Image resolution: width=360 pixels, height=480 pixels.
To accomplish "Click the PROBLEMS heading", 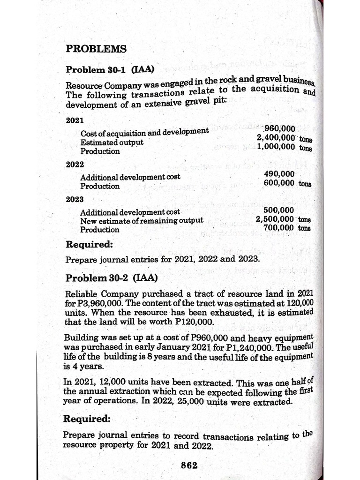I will click(x=96, y=49).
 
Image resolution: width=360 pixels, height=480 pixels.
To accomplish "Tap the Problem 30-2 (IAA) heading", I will click(x=112, y=278).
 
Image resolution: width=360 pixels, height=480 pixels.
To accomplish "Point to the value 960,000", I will click(x=280, y=129).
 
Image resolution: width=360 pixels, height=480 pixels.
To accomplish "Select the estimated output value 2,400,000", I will click(x=276, y=138).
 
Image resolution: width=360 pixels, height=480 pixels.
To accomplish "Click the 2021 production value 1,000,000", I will click(x=276, y=147).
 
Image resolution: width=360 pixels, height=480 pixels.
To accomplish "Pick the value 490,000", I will click(x=279, y=174).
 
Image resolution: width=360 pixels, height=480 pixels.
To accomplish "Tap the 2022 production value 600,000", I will click(x=280, y=183).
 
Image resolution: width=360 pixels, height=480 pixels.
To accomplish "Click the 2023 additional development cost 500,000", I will click(x=279, y=210).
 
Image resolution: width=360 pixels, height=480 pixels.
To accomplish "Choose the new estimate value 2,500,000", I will click(x=276, y=219).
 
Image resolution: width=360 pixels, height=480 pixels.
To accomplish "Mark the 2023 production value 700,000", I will click(x=279, y=228).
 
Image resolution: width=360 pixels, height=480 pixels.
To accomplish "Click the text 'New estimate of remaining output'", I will click(x=142, y=220).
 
